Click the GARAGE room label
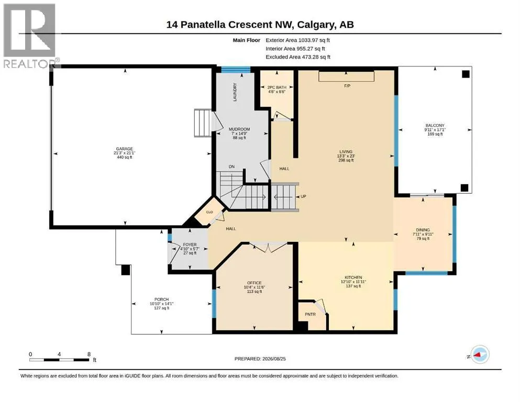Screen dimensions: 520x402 124,149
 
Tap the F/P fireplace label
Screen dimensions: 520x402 347,86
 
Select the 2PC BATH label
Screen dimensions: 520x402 277,87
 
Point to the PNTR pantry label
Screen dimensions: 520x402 310,314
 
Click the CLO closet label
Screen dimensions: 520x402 209,212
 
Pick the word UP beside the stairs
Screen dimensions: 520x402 303,196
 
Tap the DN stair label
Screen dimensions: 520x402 231,166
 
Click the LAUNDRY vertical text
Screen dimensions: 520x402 235,92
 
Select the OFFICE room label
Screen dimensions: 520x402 255,283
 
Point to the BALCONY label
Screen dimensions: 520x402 435,126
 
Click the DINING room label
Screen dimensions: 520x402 423,230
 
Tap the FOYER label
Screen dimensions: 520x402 190,244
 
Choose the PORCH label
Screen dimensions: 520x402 161,299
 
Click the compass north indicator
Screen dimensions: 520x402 480,354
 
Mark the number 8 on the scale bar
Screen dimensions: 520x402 89,354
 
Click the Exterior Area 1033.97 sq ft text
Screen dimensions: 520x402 297,40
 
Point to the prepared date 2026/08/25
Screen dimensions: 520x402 274,359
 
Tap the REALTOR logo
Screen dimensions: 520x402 30,36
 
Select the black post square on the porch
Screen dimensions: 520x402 125,270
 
